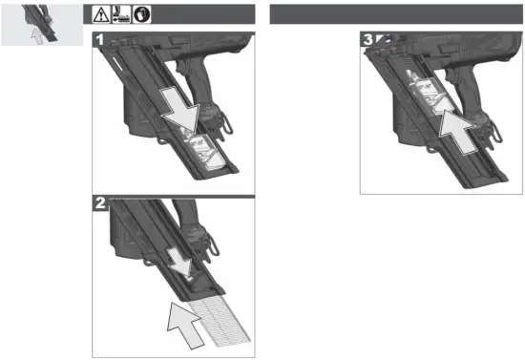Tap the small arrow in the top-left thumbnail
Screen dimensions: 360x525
pyautogui.click(x=37, y=35)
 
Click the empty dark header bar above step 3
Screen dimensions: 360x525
pyautogui.click(x=397, y=13)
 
